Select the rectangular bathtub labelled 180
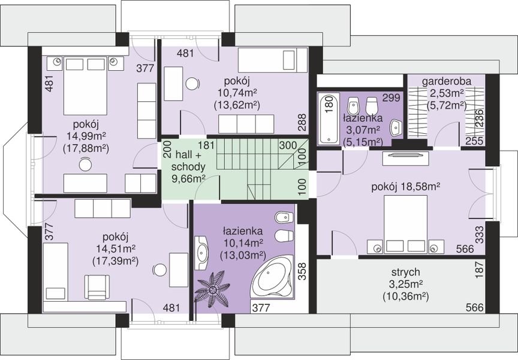pyautogui.click(x=328, y=118)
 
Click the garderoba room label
pyautogui.click(x=447, y=82)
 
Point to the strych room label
pyautogui.click(x=406, y=272)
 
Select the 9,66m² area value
pyautogui.click(x=189, y=179)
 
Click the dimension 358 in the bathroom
pyautogui.click(x=302, y=272)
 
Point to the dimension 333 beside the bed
pyautogui.click(x=480, y=235)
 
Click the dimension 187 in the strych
pyautogui.click(x=480, y=268)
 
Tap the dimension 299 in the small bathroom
pyautogui.click(x=392, y=98)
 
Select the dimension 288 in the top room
pyautogui.click(x=302, y=122)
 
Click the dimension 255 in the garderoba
pyautogui.click(x=475, y=141)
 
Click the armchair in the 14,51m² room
pyautogui.click(x=97, y=287)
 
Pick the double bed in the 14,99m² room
pyautogui.click(x=86, y=86)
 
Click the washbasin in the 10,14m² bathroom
pyautogui.click(x=200, y=253)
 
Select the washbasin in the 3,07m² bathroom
pyautogui.click(x=396, y=127)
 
